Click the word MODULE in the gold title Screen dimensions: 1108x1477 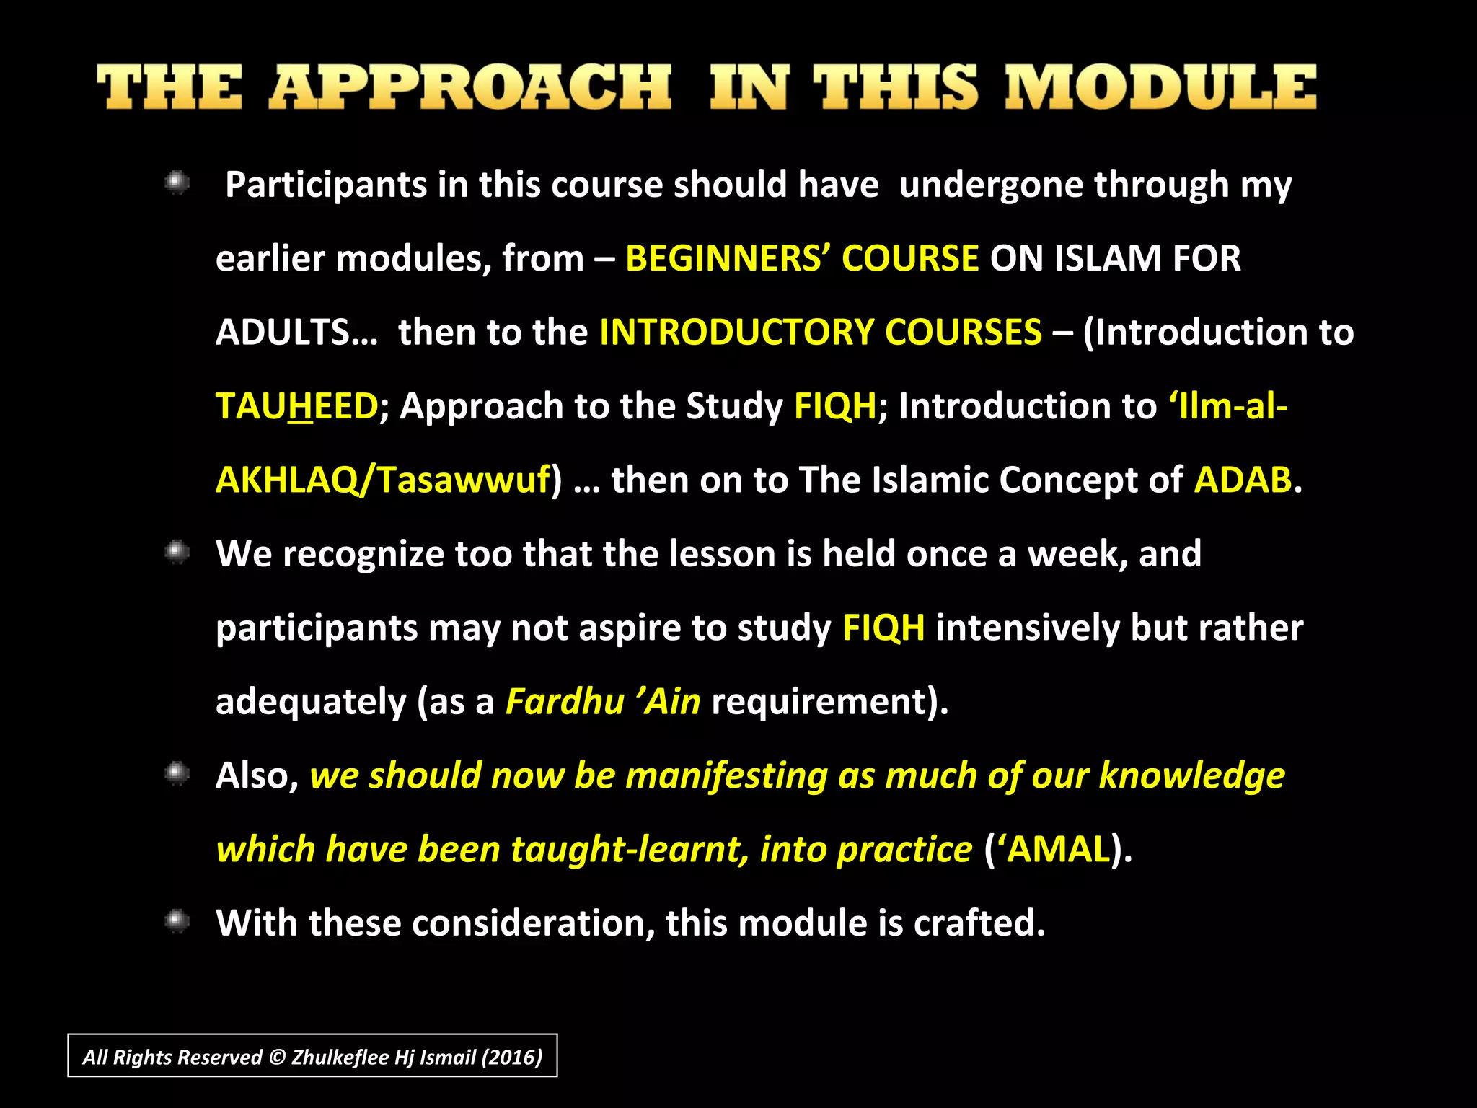1161,87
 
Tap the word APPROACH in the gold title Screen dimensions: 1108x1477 470,87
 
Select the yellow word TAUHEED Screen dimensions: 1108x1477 296,406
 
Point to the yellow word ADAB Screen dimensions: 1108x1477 1243,480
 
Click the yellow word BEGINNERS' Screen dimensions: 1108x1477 728,258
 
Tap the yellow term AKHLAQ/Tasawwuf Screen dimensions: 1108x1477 383,480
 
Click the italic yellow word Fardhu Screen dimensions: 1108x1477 565,701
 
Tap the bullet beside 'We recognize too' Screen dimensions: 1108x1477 177,553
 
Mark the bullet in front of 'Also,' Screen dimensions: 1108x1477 177,774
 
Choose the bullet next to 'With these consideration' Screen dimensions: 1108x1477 177,921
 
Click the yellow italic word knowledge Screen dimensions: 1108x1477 1191,775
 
